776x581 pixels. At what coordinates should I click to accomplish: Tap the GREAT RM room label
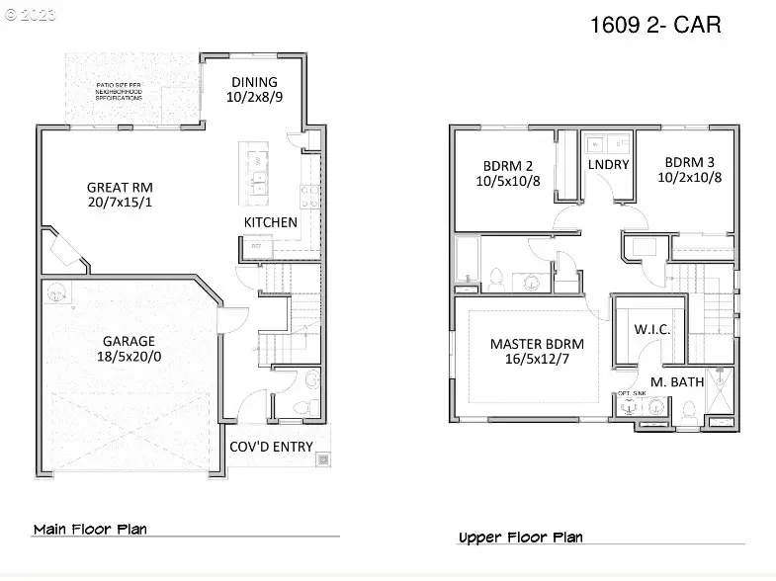pos(120,187)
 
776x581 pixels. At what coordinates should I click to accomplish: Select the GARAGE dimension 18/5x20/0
pos(120,359)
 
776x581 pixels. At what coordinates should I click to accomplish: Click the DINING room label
pos(254,82)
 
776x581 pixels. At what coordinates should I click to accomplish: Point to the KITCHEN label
pos(271,222)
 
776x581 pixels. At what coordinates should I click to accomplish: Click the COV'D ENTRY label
pos(271,447)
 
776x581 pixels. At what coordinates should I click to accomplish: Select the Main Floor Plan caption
pos(90,529)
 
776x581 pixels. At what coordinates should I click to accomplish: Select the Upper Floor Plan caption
pos(520,538)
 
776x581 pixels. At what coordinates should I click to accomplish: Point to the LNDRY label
pos(608,164)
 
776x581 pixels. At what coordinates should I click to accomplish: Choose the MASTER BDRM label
pos(537,344)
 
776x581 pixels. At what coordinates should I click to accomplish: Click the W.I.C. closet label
pos(651,329)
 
